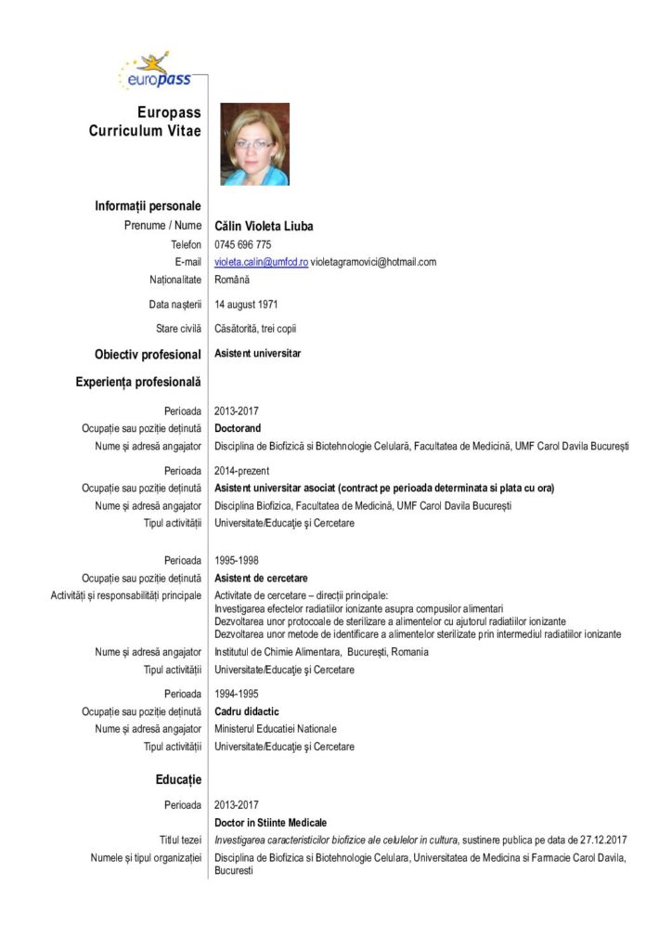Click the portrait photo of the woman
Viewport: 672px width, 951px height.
(254, 144)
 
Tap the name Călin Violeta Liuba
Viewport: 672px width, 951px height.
(264, 226)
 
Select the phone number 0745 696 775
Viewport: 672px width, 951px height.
(242, 244)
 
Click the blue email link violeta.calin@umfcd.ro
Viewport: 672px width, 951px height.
(261, 262)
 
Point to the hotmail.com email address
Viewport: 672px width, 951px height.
(373, 262)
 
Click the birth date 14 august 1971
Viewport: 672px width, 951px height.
(246, 304)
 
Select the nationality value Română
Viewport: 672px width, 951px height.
(232, 280)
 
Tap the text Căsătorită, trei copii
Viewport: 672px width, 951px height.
(255, 328)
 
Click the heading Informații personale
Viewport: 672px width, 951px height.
(148, 205)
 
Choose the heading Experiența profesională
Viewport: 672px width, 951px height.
(138, 381)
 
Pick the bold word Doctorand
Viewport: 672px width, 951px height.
(238, 428)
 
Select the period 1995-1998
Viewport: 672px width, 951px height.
(236, 560)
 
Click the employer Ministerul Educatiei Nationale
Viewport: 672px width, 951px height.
(276, 729)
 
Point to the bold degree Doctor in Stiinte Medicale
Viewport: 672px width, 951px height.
(270, 822)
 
